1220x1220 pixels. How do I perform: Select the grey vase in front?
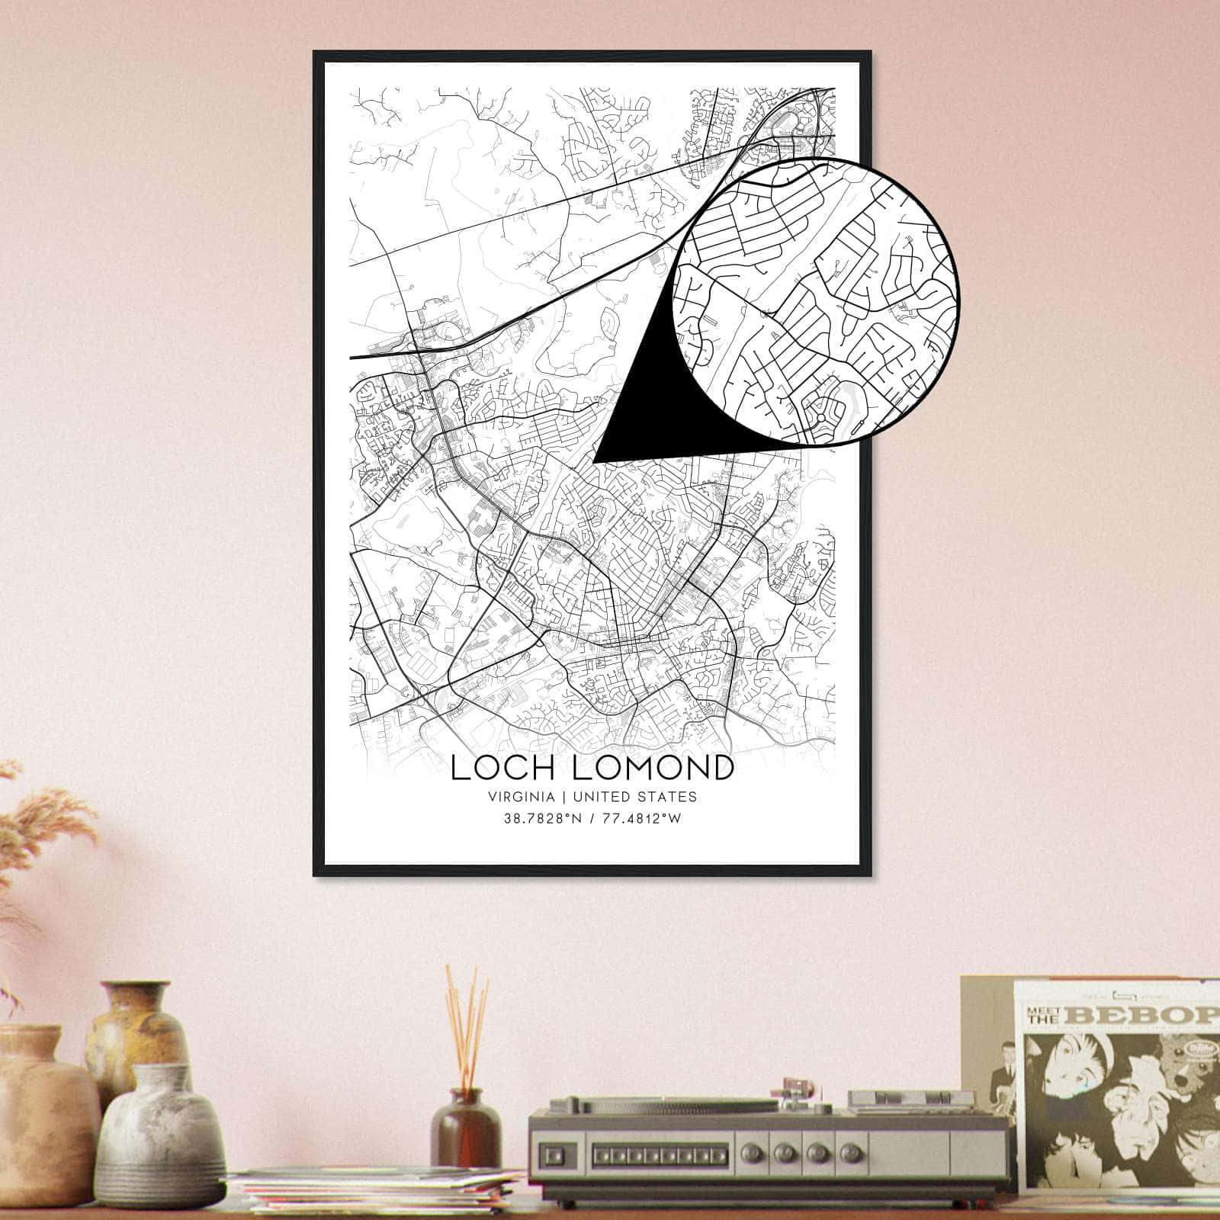click(x=159, y=1139)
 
